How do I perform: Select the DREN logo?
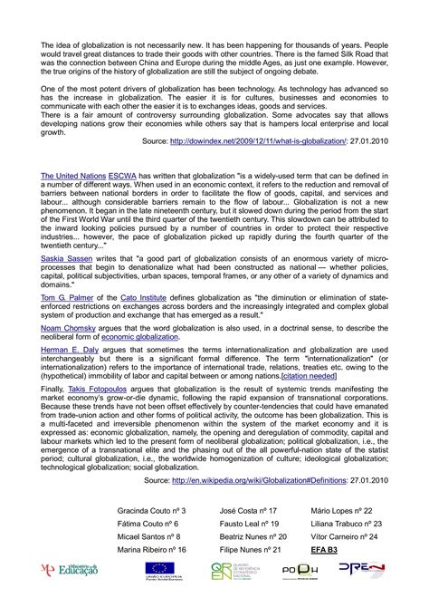pos(360,593)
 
